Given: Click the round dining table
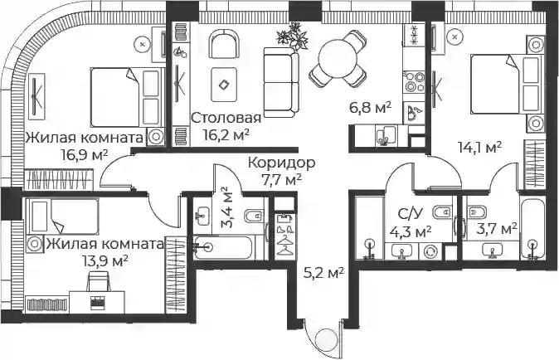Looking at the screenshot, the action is coord(338,59).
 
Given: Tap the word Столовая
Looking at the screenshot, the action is coord(226,118).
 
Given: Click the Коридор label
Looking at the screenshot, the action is coord(282,163).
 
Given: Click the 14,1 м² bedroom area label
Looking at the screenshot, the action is coord(480,147).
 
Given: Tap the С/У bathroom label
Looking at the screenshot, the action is coord(410,214).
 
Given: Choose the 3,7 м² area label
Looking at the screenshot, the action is coord(497,228).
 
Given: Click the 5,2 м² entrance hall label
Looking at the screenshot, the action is coord(323,274).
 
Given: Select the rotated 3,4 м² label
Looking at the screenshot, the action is coord(226,207).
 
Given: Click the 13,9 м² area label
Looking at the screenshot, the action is coord(105,261).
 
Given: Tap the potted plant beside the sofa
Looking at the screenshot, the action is coord(292,36).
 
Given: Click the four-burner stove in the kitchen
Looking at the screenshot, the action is coord(414,84).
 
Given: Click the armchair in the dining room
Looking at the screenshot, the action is coord(224,45).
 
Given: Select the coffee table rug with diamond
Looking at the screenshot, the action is coord(224,85).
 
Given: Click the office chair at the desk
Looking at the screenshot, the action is coord(98,281).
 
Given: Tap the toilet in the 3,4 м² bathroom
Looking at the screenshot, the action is coord(253,216).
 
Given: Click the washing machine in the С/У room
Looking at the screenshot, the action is coord(430,252).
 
